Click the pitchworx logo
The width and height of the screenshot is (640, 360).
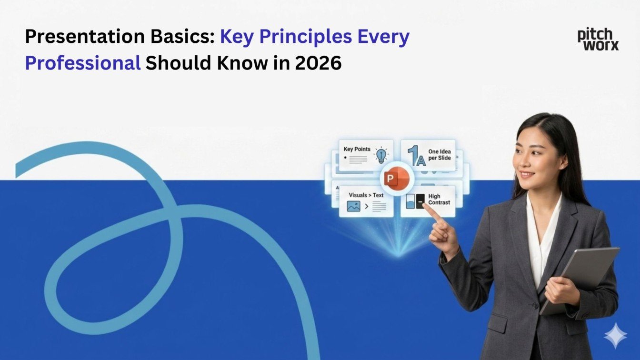(x=598, y=39)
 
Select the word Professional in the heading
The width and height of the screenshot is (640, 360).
(x=82, y=63)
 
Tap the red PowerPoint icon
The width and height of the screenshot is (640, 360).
(x=395, y=180)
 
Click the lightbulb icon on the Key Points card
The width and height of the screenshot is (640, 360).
(x=381, y=156)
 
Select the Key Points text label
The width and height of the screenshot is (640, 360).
(x=357, y=150)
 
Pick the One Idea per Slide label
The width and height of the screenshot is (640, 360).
(x=439, y=155)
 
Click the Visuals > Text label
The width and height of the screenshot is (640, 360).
(x=366, y=195)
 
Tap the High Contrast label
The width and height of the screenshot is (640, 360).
(x=439, y=199)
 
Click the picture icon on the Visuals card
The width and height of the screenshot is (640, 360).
(x=353, y=207)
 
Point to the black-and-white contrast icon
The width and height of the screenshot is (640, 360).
(x=415, y=202)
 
